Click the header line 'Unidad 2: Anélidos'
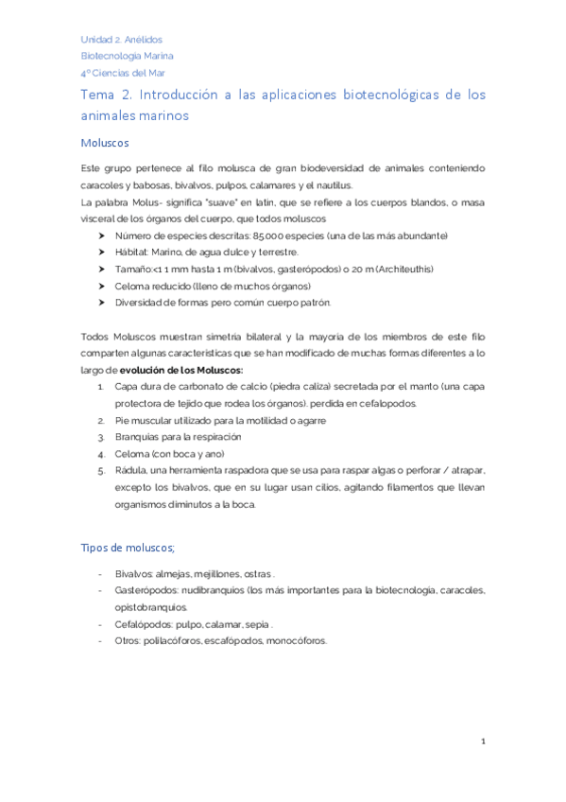tap(122, 40)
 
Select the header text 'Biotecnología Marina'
tap(127, 56)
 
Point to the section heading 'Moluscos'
tap(105, 143)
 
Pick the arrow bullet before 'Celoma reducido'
tap(102, 287)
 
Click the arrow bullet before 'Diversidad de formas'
tap(102, 304)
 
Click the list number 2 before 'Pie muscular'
tap(101, 420)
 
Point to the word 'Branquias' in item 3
tap(137, 437)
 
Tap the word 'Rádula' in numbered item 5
tap(129, 471)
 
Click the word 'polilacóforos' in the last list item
tap(174, 641)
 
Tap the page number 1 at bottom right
tap(483, 742)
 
